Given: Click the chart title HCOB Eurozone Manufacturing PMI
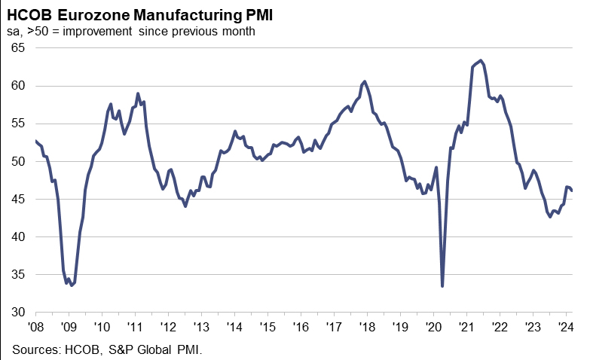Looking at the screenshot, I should [x=140, y=14].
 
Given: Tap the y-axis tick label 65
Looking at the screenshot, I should [x=18, y=47].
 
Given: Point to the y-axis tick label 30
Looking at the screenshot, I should [x=18, y=312].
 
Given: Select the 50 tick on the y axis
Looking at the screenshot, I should [x=18, y=161].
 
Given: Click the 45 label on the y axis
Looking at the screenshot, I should [x=18, y=199].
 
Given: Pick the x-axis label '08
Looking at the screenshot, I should [x=35, y=327].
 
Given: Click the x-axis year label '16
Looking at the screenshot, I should [x=301, y=327].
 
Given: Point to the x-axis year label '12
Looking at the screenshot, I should [x=168, y=327].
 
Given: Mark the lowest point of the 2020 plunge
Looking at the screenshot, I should [x=442, y=286].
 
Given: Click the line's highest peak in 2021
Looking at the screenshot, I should [x=481, y=60].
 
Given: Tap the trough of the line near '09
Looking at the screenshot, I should [x=71, y=285].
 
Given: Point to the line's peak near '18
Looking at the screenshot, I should [x=365, y=81].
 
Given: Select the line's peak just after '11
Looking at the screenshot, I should [x=138, y=93].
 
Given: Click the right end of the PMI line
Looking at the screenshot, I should [x=571, y=190].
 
